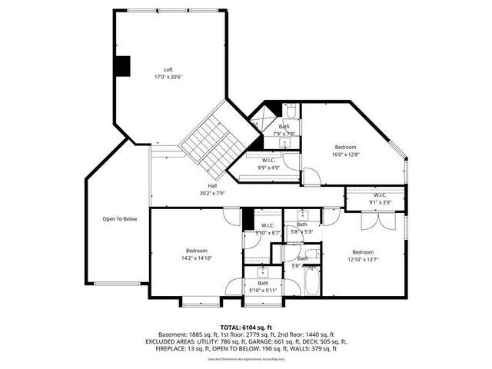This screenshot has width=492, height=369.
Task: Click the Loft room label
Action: pyautogui.click(x=168, y=70)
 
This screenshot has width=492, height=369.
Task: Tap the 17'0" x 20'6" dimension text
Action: pyautogui.click(x=168, y=77)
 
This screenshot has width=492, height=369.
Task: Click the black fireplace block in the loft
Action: pyautogui.click(x=121, y=67)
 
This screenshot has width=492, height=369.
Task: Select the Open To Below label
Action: pyautogui.click(x=120, y=219)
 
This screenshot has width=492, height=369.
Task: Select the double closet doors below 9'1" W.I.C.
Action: pyautogui.click(x=376, y=221)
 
